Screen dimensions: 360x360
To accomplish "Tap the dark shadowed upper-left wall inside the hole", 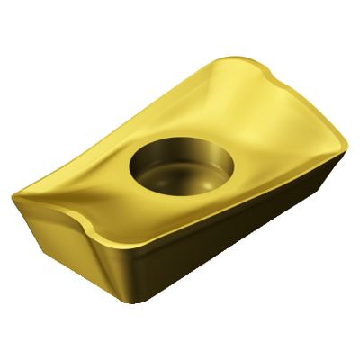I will coord(158,157).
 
